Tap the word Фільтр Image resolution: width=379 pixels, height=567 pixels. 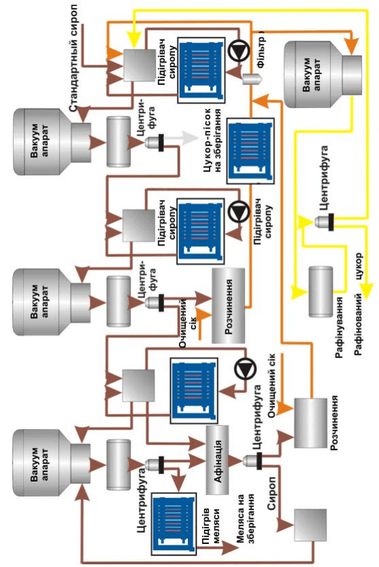260,50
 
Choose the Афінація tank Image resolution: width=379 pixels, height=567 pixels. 218,460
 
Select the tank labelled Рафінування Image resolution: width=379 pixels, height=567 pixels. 321,292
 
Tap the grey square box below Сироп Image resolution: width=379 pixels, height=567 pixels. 311,525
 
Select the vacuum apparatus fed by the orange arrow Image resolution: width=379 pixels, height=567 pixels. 323,74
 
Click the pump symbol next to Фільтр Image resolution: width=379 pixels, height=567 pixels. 239,51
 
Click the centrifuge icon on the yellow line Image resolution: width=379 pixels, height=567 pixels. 324,222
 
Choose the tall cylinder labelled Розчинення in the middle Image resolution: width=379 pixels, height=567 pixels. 228,306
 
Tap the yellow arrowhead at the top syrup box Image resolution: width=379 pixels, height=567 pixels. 134,41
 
